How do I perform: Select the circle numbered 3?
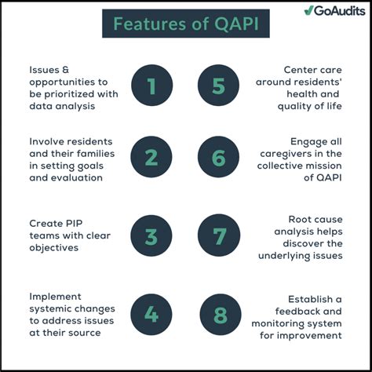click(151, 235)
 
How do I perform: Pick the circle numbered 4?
click(151, 315)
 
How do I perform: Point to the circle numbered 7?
click(220, 235)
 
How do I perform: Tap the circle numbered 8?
click(220, 315)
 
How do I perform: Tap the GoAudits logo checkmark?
click(309, 10)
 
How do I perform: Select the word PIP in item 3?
click(73, 224)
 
